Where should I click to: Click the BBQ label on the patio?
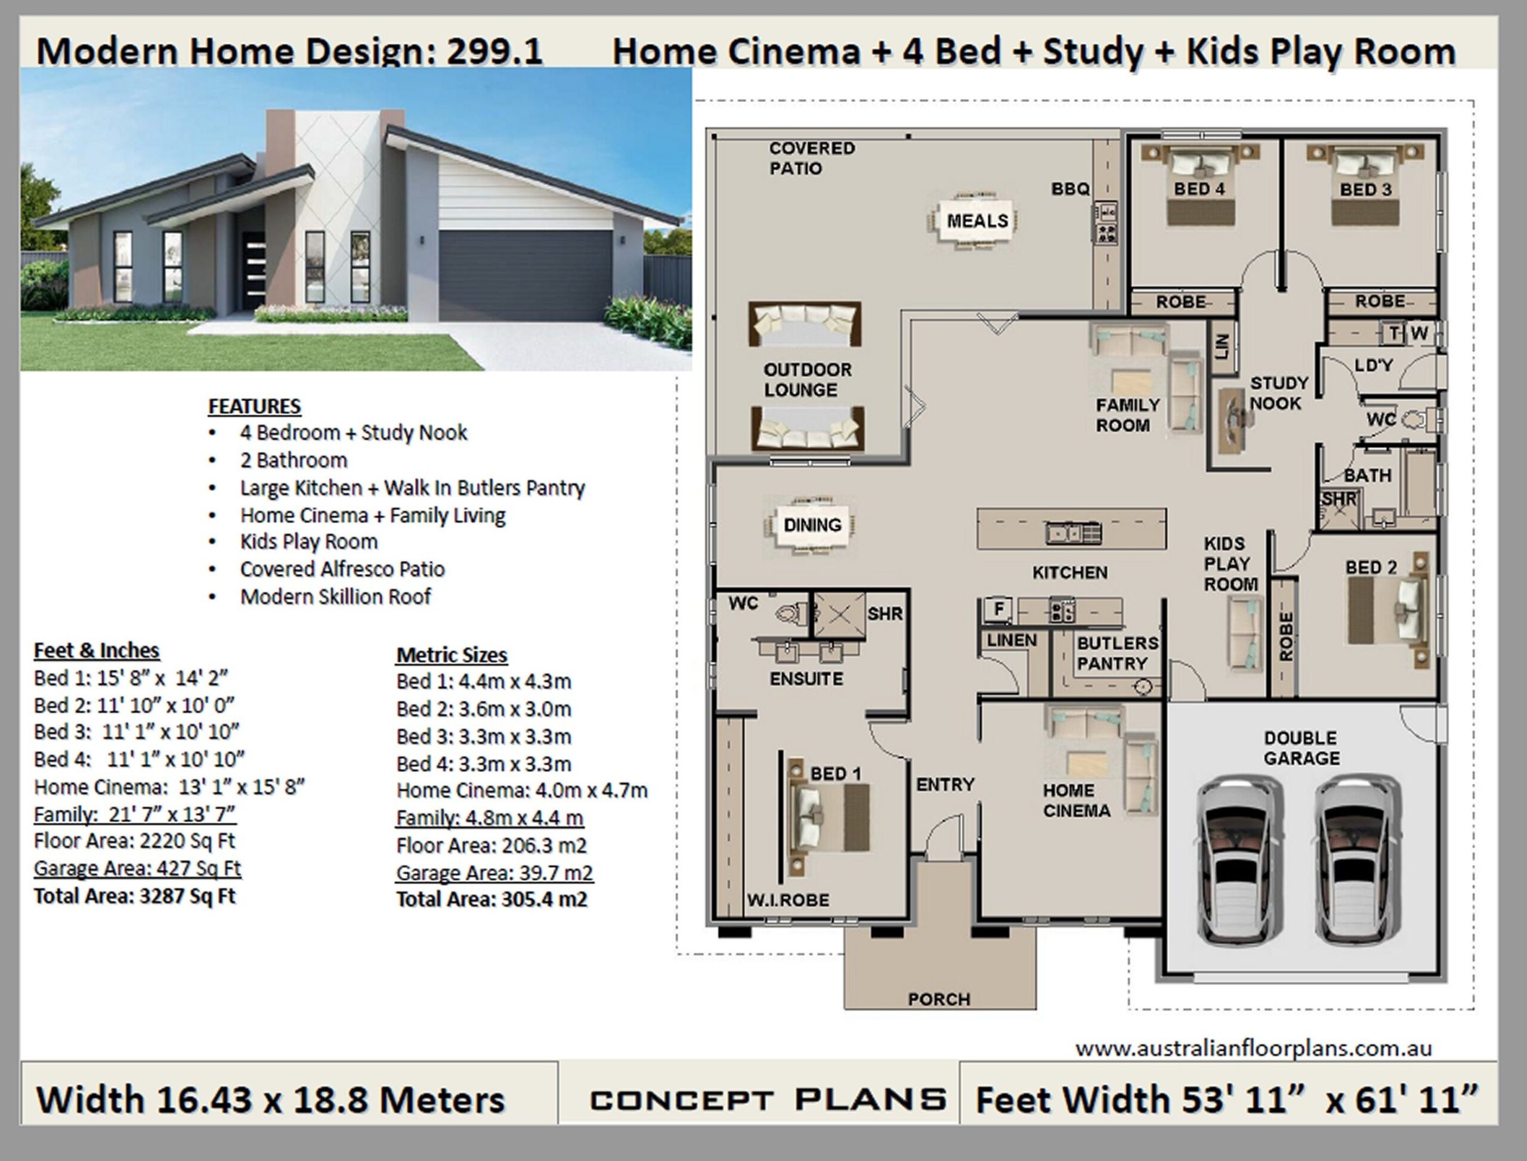pos(1070,188)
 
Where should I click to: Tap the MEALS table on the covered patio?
pos(977,221)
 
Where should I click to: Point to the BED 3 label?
pos(1365,190)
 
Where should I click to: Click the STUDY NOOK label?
pos(1278,393)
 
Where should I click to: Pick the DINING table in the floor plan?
pos(812,525)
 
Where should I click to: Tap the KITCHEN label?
pos(1069,572)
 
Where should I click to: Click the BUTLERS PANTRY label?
pos(1117,653)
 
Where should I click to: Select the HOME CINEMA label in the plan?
pos(1076,800)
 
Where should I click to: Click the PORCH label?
pos(939,999)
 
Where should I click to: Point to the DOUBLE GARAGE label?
pos(1301,748)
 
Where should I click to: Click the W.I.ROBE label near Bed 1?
pos(787,900)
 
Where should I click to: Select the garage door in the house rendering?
pos(525,275)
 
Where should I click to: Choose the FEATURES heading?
pos(254,406)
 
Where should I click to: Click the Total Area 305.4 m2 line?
pos(492,900)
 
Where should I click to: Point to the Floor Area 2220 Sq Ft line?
pos(135,841)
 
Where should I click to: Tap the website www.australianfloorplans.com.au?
pos(1253,1049)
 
